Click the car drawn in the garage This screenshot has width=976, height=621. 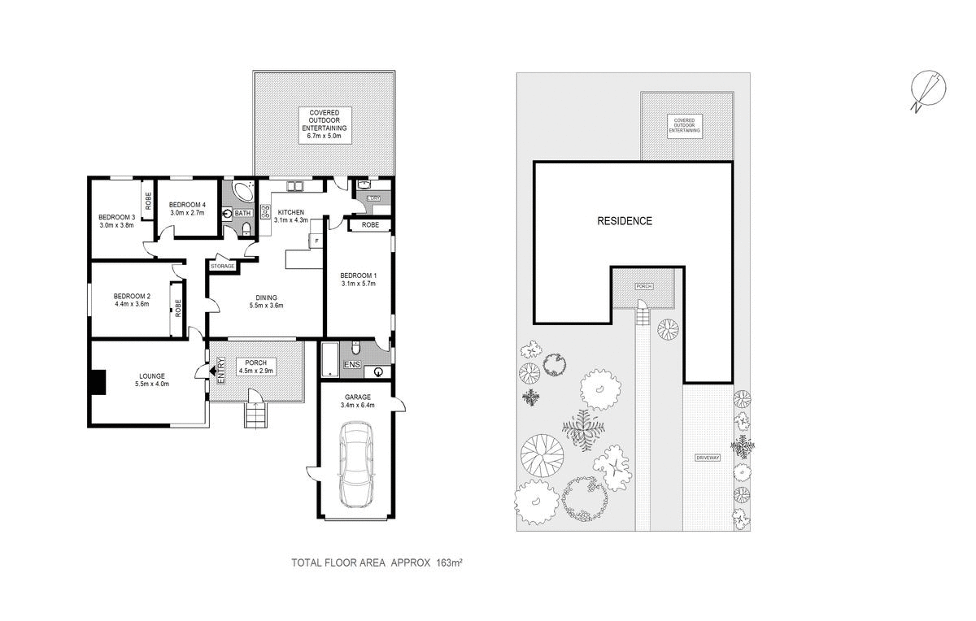358,465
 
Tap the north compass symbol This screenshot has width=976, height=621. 927,89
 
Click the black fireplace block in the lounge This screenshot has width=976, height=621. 97,382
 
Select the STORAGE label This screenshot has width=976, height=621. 222,266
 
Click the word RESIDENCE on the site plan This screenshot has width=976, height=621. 625,221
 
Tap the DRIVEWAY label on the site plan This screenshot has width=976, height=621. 708,458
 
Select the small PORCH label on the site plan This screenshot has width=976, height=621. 643,286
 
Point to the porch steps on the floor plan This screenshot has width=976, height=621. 255,417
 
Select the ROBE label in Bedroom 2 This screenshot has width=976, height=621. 176,308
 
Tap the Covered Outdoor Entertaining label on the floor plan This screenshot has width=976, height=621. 325,124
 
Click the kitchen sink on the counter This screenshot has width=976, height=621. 293,186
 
